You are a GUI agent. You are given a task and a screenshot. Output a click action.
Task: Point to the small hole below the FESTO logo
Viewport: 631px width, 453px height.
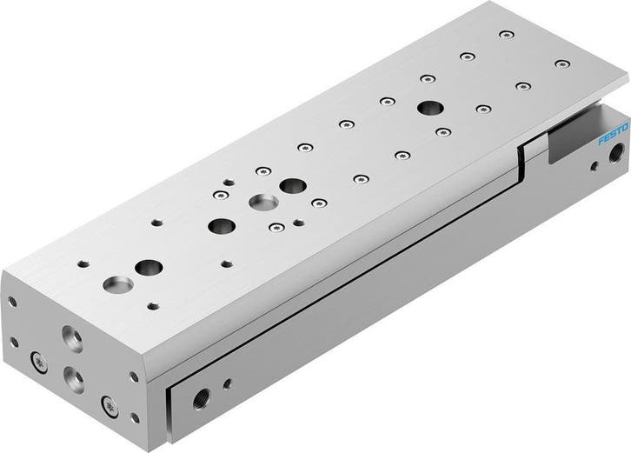pyautogui.click(x=594, y=166)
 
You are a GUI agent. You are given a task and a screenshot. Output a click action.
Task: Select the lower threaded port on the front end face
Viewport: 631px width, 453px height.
pyautogui.click(x=75, y=379)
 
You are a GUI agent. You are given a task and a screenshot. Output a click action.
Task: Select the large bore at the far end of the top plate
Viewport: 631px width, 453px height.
pyautogui.click(x=428, y=108)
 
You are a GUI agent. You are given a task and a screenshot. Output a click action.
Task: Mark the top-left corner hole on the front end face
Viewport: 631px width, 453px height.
pyautogui.click(x=12, y=303)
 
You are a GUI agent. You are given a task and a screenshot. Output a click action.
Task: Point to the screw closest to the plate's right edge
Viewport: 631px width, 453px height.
pyautogui.click(x=562, y=63)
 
